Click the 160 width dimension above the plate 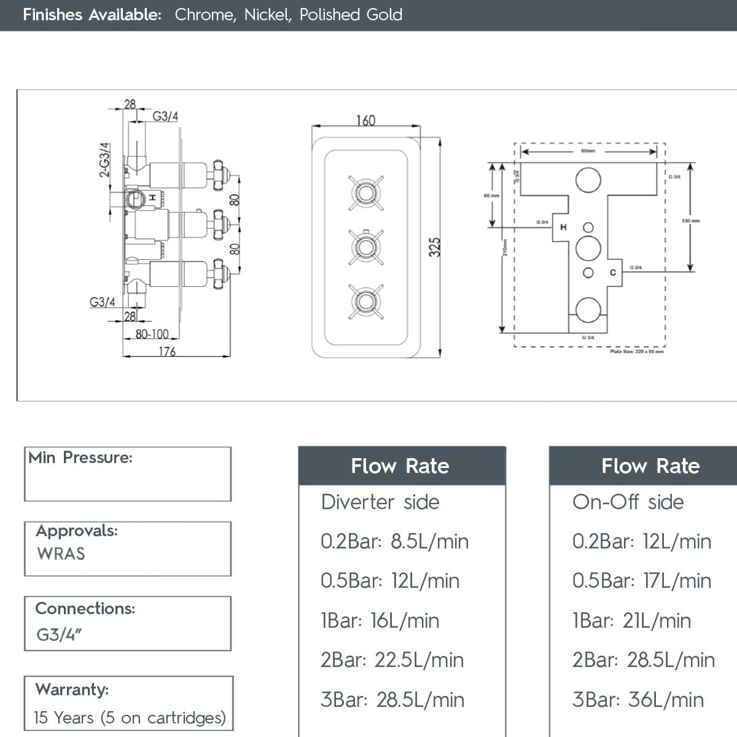click(365, 120)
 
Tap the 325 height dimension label click(434, 248)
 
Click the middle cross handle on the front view click(366, 247)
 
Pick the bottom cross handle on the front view click(366, 302)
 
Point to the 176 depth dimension click(167, 351)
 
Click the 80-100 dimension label click(152, 334)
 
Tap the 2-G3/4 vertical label click(105, 160)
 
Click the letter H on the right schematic click(563, 228)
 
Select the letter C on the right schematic click(612, 272)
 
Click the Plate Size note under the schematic click(636, 352)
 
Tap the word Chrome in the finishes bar click(205, 15)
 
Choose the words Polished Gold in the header click(351, 15)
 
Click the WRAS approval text click(61, 553)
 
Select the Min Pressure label click(80, 458)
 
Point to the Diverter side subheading click(380, 502)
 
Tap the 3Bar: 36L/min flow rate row click(638, 700)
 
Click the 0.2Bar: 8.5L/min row click(394, 541)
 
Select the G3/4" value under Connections click(59, 634)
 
